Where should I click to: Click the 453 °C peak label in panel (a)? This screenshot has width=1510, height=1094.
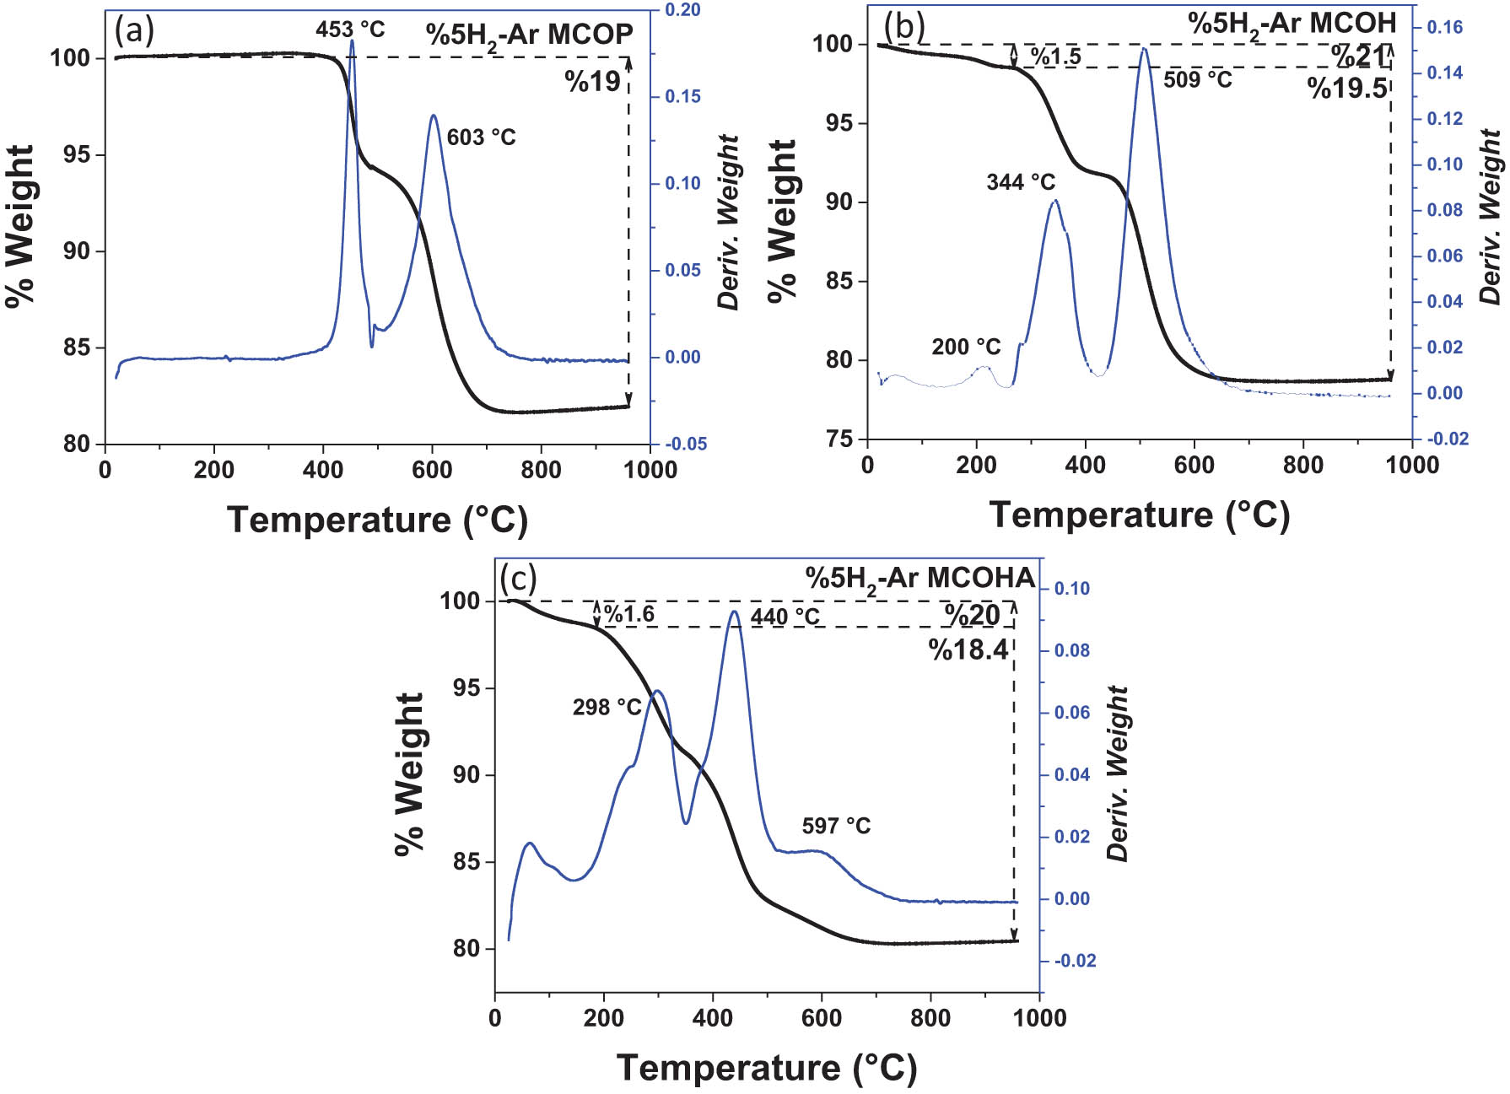coord(350,30)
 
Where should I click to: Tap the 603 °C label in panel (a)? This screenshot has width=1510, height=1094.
coord(481,137)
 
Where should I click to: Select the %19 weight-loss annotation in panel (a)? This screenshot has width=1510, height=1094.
coord(593,82)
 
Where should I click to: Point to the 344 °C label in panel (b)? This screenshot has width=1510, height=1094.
coord(1021,182)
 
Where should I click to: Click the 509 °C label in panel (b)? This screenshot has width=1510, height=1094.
coord(1198,80)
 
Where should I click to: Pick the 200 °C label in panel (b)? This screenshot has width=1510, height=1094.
coord(966,347)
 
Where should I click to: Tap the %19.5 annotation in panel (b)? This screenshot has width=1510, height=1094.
coord(1347,88)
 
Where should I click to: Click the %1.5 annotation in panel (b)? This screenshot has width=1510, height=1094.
coord(1054,57)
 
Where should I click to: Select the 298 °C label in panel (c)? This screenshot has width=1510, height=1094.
coord(607,707)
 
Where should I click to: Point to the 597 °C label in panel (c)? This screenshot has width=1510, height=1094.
coord(836,826)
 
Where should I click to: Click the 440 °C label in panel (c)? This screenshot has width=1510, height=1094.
coord(785,617)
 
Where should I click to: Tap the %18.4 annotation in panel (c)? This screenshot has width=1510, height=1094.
coord(968,649)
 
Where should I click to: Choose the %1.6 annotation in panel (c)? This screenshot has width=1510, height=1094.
coord(629,614)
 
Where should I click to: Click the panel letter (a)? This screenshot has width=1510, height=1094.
coord(134,31)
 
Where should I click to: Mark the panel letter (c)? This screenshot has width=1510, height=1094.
coord(518,579)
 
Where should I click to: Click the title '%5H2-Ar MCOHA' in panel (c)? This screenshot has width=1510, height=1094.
coord(919,579)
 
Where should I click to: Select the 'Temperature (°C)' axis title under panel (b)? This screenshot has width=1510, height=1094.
coord(1140,514)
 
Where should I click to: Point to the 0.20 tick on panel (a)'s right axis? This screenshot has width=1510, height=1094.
coord(682,10)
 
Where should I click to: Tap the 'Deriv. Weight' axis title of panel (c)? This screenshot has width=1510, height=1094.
coord(1119,773)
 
